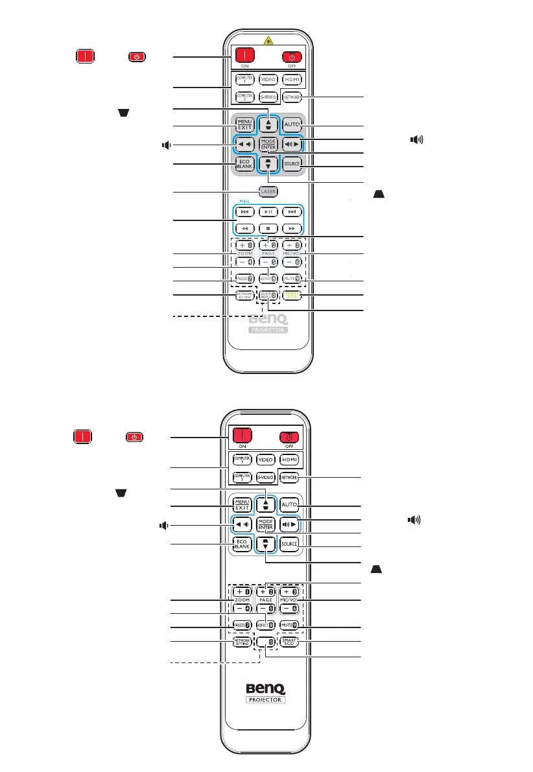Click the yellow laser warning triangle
point(267,39)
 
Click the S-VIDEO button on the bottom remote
point(266,477)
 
